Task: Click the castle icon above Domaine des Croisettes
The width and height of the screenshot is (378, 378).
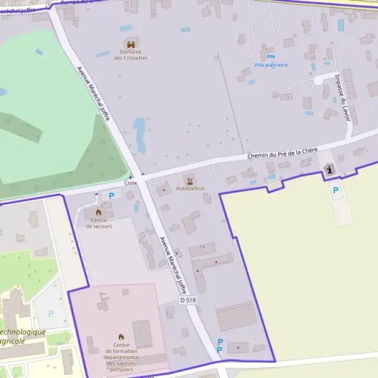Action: click(131, 45)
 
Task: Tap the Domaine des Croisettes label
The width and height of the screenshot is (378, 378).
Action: click(131, 55)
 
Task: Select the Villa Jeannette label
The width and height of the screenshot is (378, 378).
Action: click(271, 65)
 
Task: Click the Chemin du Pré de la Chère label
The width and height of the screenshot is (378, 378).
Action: click(282, 153)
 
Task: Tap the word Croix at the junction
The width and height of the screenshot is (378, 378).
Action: click(130, 183)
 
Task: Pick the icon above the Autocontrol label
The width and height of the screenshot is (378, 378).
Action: click(190, 181)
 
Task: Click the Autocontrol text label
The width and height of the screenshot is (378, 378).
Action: click(190, 188)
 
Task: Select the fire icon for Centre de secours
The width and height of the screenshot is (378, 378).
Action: click(98, 212)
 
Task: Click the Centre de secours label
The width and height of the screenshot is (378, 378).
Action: click(98, 223)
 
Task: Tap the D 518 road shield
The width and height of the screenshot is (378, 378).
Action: click(188, 301)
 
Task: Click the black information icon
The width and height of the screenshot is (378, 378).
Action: click(330, 170)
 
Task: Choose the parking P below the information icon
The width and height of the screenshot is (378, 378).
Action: click(336, 190)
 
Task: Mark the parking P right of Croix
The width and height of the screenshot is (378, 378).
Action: click(112, 195)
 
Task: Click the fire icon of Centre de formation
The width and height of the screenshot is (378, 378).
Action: click(121, 337)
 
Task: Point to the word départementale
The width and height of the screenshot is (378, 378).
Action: click(121, 357)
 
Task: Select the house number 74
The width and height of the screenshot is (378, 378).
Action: click(202, 246)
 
